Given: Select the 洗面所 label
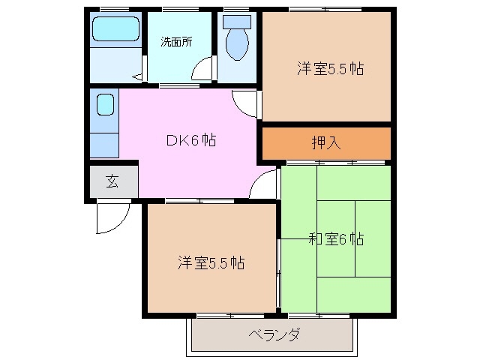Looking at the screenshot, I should (x=175, y=41).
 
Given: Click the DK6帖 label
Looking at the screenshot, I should (x=190, y=140).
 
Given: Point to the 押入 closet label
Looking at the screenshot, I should (x=326, y=142).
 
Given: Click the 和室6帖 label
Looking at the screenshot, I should (x=335, y=239).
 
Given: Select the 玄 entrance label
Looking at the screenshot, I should (x=112, y=181).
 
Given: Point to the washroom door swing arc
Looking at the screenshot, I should (x=201, y=71).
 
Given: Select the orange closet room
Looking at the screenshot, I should (x=326, y=142).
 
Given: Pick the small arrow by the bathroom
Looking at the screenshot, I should (x=137, y=76).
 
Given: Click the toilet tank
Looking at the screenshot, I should (x=238, y=22).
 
